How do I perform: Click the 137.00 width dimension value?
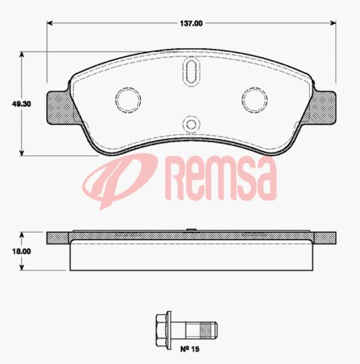pyautogui.click(x=191, y=23)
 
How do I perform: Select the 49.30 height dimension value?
pyautogui.click(x=12, y=103)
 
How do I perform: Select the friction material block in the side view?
pyautogui.click(x=190, y=256)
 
